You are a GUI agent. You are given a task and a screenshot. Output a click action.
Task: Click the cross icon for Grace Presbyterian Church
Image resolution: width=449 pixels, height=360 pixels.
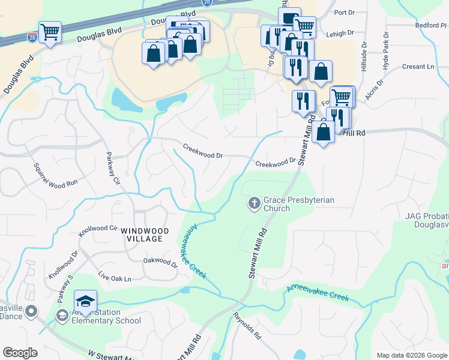[x=254, y=204]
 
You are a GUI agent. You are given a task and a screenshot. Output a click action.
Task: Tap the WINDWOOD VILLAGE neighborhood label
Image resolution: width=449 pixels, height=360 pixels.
[x=142, y=234]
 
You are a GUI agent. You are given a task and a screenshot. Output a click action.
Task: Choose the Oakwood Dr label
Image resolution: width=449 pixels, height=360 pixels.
[x=160, y=262]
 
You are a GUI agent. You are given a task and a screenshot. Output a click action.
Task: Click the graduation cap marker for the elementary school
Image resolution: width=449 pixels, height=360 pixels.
[x=85, y=301]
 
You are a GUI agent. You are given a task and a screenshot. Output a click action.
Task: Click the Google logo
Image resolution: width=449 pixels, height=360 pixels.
[x=20, y=353]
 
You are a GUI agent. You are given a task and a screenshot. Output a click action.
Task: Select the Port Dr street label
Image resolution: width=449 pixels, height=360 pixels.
[x=345, y=12]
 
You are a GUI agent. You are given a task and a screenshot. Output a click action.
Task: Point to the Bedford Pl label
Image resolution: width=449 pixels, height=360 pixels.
[x=431, y=26]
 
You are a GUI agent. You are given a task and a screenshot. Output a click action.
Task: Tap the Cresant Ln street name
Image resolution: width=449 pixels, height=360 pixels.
[x=418, y=67]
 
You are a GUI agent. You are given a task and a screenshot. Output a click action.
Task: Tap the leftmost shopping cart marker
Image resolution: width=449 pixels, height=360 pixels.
[x=50, y=32]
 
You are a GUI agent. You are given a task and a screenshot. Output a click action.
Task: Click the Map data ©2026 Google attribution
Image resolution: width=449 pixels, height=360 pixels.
[x=412, y=355]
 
